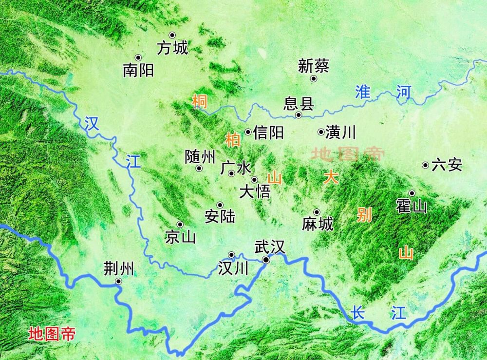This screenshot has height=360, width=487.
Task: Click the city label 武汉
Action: click(x=269, y=247)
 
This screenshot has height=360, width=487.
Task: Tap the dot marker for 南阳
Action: click(x=138, y=57)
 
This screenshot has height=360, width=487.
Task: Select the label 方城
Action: click(x=172, y=48)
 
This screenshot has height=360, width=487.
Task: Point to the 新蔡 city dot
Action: click(x=314, y=78)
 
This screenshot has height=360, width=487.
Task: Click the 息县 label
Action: click(x=299, y=104)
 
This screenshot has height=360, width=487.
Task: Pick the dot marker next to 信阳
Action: click(x=248, y=132)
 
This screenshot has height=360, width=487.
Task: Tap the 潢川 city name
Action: click(x=341, y=132)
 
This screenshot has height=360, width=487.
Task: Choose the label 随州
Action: click(x=200, y=156)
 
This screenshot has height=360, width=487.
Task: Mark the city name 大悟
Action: click(x=255, y=191)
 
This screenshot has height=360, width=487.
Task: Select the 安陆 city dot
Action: click(x=220, y=205)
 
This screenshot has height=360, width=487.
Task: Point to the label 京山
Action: click(x=180, y=237)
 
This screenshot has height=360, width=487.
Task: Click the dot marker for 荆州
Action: click(x=118, y=281)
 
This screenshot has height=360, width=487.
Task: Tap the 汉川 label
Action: click(x=233, y=268)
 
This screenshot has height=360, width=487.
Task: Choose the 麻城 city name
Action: click(x=318, y=224)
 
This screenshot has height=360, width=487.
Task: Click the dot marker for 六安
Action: click(x=425, y=165)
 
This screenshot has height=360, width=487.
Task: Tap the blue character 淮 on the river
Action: click(x=362, y=92)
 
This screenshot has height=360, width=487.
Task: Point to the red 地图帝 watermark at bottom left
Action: click(x=52, y=334)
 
